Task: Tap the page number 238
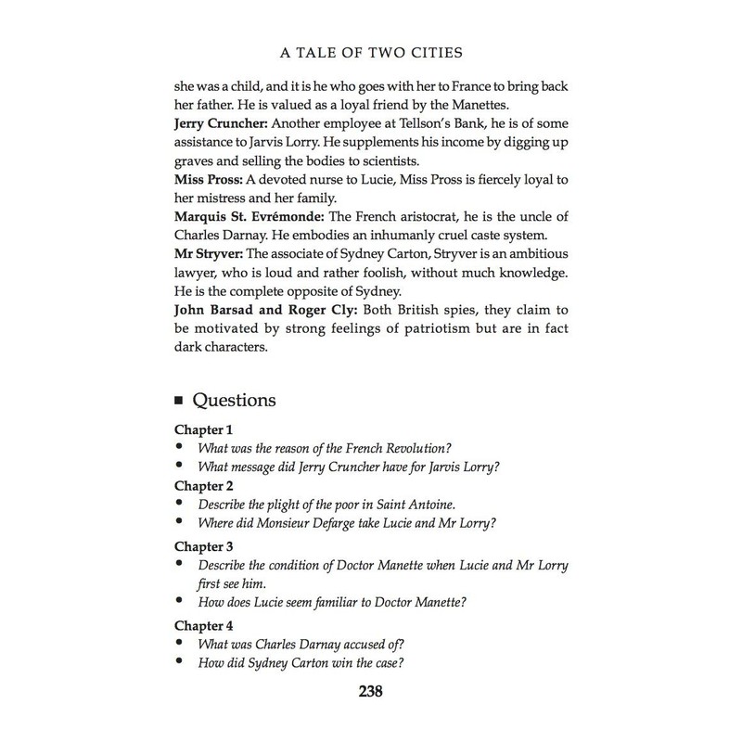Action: coord(371,691)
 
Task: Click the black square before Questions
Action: coord(180,402)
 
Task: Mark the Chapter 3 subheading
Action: coord(204,545)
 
